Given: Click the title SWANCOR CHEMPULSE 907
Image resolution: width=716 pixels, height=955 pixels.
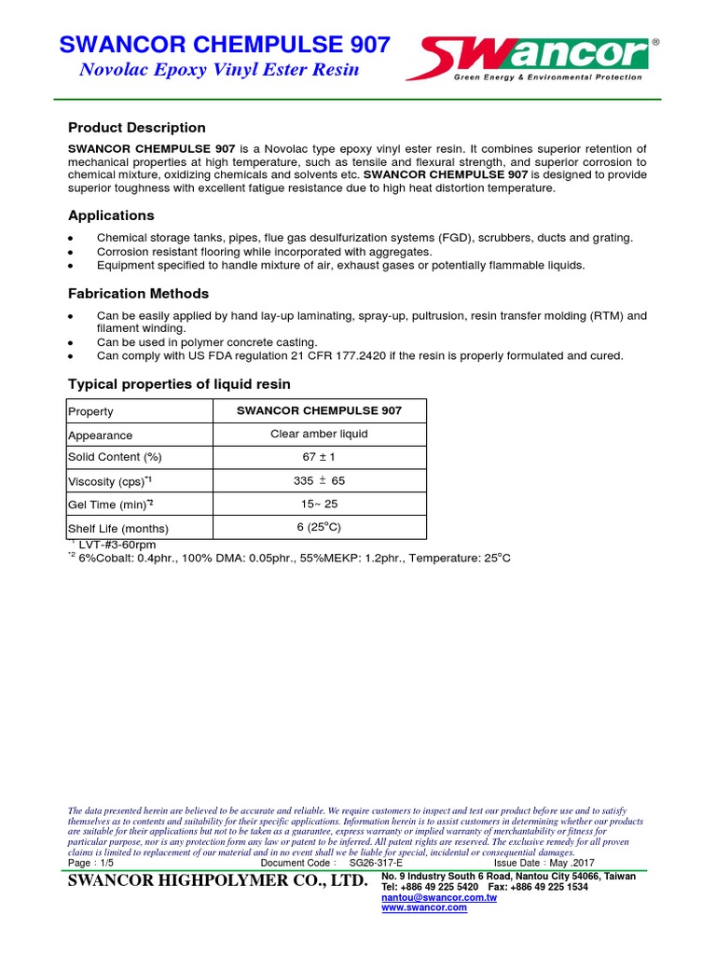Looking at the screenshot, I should click(x=224, y=45).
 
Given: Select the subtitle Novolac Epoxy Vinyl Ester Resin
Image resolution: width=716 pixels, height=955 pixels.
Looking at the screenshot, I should click(x=215, y=71).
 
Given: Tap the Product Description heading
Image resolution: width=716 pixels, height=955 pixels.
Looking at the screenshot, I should click(x=137, y=128).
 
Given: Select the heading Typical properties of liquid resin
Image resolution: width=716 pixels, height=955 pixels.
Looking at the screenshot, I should click(x=179, y=384).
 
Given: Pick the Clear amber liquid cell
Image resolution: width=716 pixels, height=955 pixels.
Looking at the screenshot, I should click(x=319, y=434).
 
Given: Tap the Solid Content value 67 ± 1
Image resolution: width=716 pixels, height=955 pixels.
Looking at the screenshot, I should click(x=319, y=457).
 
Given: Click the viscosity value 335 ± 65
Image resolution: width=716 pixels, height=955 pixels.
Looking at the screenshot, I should click(x=319, y=481).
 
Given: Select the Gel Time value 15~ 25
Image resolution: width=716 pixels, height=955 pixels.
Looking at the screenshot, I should click(x=319, y=505).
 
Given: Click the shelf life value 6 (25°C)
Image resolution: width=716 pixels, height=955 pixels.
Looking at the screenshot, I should click(x=319, y=528).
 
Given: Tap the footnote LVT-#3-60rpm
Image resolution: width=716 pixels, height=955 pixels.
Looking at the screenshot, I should click(x=117, y=545).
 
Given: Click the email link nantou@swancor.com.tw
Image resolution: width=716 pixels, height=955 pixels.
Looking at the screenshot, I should click(x=438, y=897).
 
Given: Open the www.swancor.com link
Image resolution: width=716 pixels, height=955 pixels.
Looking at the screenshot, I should click(x=424, y=907).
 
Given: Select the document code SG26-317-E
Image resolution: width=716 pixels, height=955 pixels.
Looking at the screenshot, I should click(x=377, y=863).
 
